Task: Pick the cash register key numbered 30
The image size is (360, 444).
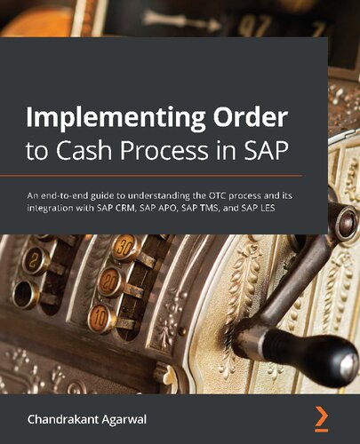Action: pos(125,247)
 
